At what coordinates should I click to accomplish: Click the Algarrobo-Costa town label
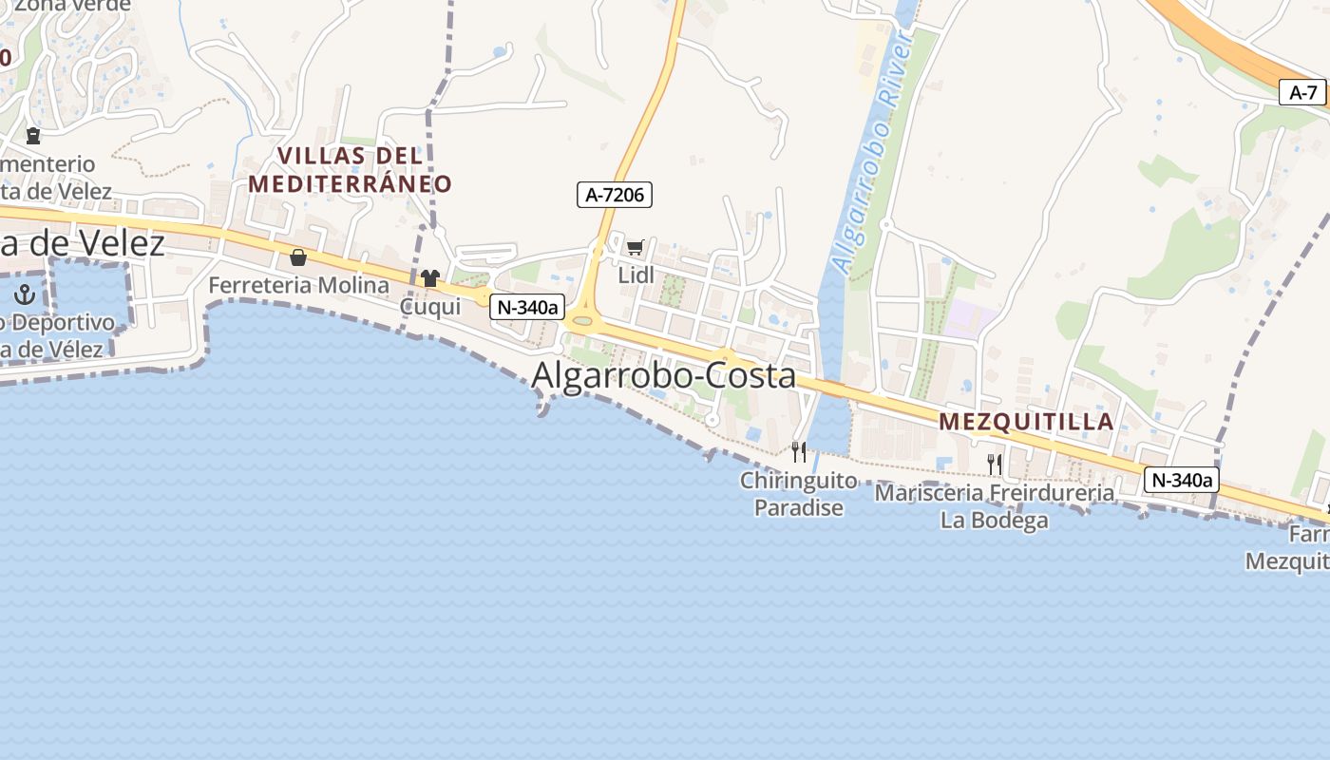(x=663, y=375)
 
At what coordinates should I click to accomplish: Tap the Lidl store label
(x=636, y=275)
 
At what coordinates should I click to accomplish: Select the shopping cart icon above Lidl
(x=636, y=248)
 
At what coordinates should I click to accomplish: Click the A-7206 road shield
(x=614, y=195)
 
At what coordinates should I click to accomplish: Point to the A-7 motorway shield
(x=1302, y=92)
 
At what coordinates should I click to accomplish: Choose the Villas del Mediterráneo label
(x=350, y=169)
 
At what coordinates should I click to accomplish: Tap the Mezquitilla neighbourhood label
(x=1026, y=422)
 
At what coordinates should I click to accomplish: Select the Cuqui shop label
(x=429, y=306)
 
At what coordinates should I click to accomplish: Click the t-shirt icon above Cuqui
(x=430, y=278)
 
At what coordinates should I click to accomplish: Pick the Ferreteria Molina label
(x=298, y=285)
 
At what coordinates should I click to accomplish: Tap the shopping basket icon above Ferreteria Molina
(x=298, y=257)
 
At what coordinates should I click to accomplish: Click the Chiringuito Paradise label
(x=798, y=494)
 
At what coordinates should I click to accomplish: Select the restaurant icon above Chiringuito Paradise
(x=799, y=451)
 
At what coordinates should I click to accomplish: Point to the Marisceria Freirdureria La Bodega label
(x=994, y=506)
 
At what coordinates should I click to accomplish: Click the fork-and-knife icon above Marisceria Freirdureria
(x=995, y=464)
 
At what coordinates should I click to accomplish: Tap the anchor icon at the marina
(x=26, y=294)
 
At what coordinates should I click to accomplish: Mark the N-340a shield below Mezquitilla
(x=1181, y=480)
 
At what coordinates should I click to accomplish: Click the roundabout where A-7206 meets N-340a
(x=582, y=321)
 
